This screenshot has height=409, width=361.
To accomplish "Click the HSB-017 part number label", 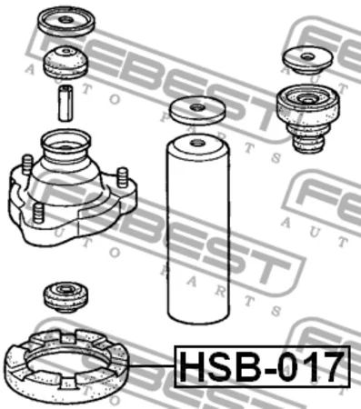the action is point(262,366).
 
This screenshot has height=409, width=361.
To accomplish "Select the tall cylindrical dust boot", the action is point(197,230).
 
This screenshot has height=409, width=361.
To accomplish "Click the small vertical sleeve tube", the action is point(65,104).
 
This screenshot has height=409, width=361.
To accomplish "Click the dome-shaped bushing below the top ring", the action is point(65,62).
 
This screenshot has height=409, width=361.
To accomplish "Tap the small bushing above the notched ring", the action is point(66,297).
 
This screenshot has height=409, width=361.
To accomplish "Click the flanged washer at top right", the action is point(307,61).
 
